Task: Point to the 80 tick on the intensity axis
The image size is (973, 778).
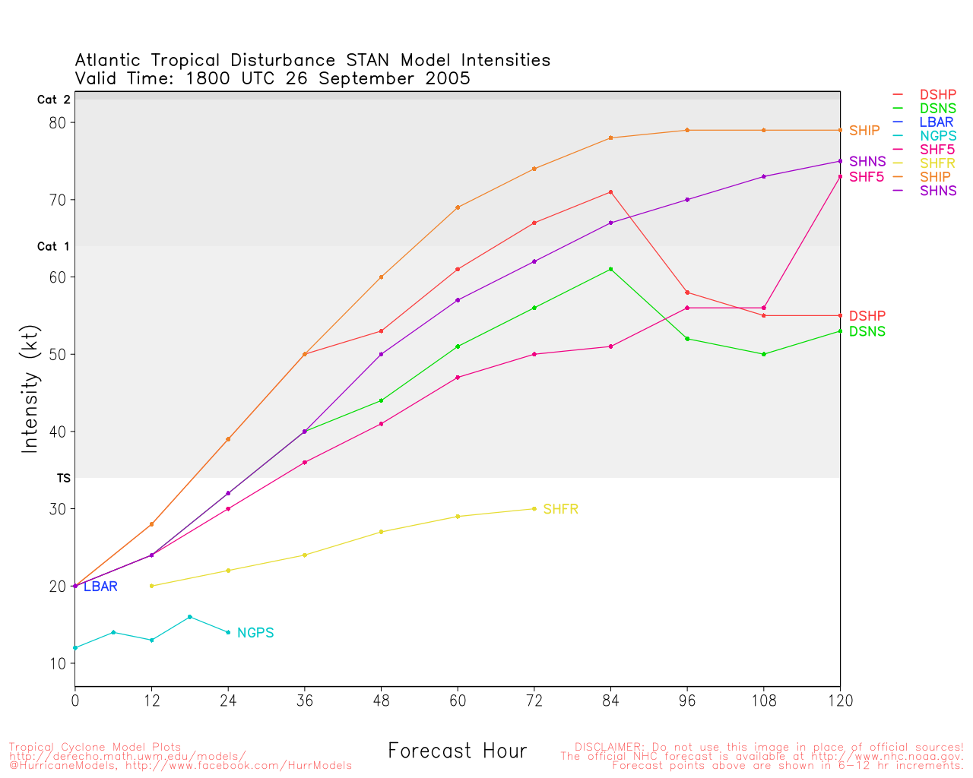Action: point(59,122)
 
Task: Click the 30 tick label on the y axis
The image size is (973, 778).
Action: point(59,509)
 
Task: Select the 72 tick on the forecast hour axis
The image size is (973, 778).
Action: point(534,701)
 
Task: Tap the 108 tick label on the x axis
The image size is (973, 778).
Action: point(764,701)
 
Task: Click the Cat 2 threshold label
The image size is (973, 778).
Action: point(53,100)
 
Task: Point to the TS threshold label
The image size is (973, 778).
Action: point(63,478)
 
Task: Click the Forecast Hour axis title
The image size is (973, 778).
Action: point(457,751)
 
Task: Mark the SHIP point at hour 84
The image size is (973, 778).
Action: point(610,138)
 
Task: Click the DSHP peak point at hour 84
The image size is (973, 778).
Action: point(610,192)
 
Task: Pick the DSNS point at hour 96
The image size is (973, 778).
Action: point(687,339)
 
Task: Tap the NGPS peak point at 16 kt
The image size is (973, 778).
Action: point(189,617)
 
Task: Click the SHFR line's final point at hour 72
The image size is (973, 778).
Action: point(534,509)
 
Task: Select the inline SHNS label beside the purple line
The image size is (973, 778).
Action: point(867,162)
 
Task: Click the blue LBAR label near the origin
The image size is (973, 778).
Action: point(100,587)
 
